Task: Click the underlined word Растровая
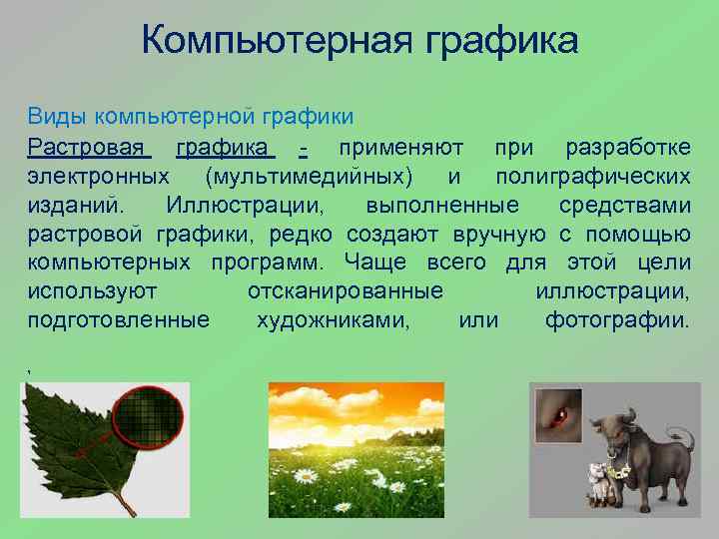click(88, 149)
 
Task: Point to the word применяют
click(399, 149)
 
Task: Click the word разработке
click(627, 149)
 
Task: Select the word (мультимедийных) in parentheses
click(308, 178)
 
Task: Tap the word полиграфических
click(592, 178)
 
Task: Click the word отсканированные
click(345, 292)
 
